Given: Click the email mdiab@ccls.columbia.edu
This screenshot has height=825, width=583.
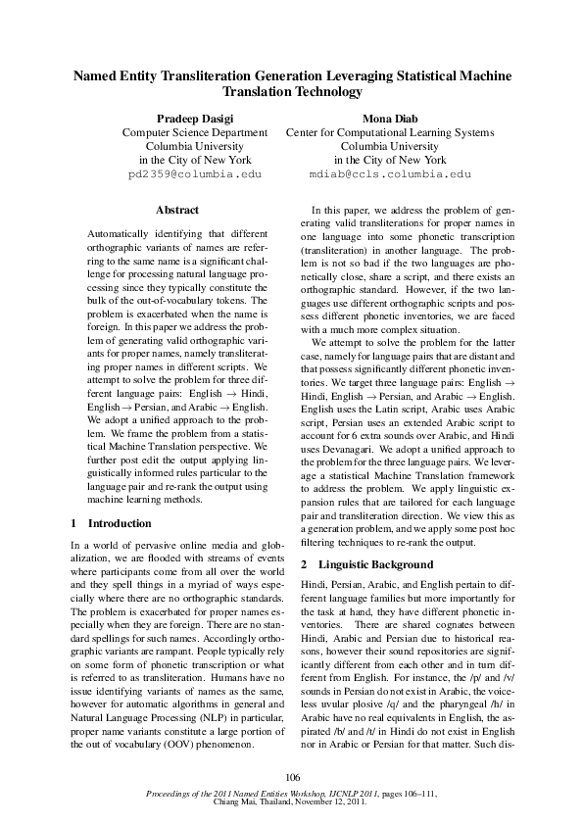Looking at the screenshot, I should click(x=389, y=173).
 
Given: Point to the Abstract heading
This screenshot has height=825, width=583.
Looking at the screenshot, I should click(x=177, y=210).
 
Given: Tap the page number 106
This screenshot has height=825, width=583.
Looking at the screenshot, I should click(x=291, y=778).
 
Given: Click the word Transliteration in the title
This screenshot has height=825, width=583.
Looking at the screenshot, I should click(x=200, y=75).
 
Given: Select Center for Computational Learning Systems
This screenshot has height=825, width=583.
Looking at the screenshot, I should click(x=389, y=131).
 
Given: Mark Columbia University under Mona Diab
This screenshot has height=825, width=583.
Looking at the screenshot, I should click(x=389, y=145).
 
